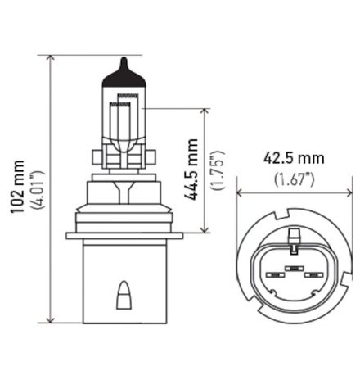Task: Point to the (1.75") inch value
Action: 216,170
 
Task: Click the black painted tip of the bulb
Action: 124,66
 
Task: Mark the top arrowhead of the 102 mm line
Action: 51,59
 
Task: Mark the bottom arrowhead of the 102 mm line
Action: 51,320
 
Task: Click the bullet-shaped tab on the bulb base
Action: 124,291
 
